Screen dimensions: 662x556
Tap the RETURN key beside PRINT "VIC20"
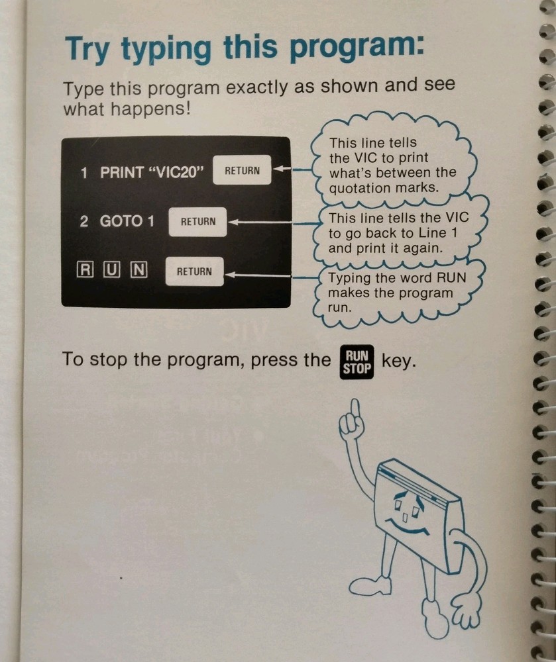(242, 170)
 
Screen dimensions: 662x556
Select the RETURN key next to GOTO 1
(198, 222)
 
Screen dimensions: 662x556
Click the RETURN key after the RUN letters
(194, 271)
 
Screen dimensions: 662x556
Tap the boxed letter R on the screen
(85, 271)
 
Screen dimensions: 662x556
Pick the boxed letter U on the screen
(112, 271)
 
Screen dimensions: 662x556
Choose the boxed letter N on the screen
(138, 271)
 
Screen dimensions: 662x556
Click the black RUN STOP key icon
(357, 362)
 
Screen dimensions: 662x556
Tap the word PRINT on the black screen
(122, 172)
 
